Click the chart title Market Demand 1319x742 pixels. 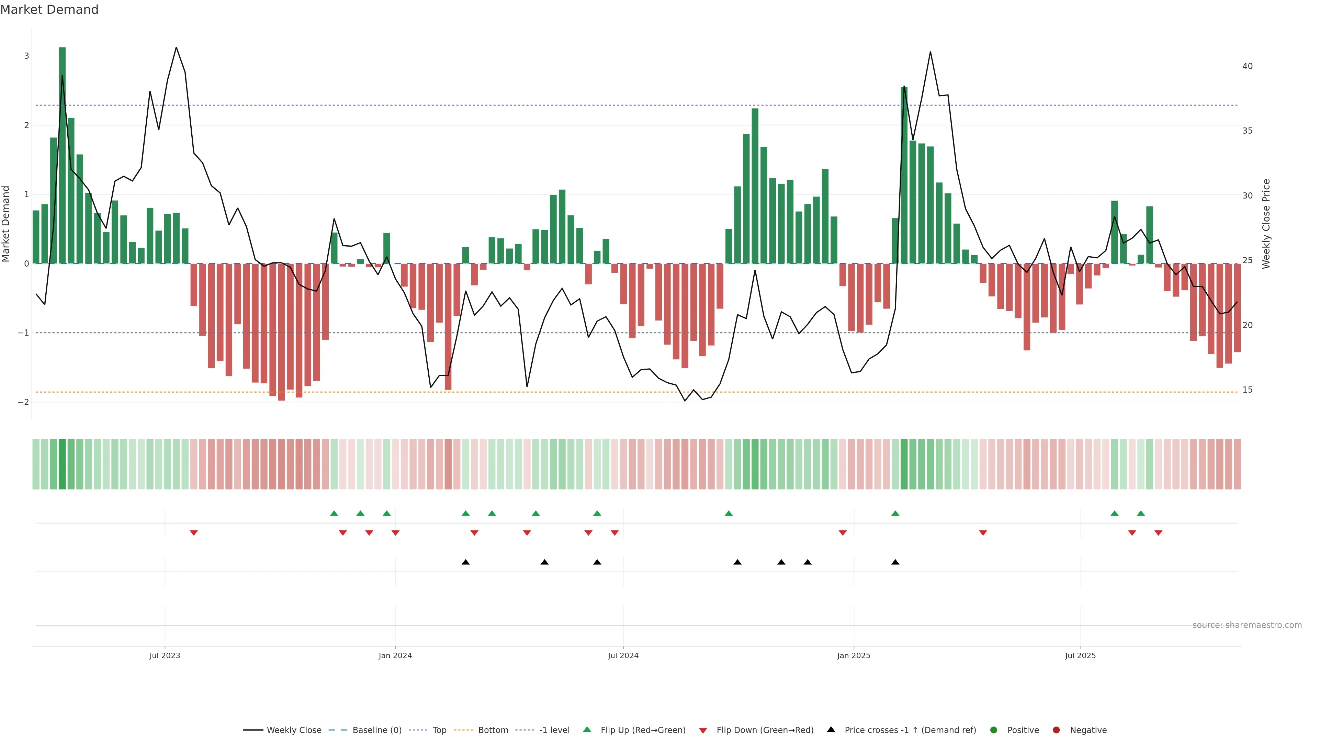pyautogui.click(x=49, y=10)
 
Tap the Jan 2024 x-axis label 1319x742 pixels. pyautogui.click(x=395, y=655)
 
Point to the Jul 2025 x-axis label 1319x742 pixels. pyautogui.click(x=1080, y=655)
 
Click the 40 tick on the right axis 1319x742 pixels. pyautogui.click(x=1247, y=66)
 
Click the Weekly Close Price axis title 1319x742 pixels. pyautogui.click(x=1266, y=224)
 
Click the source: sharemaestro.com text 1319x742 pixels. pyautogui.click(x=1247, y=625)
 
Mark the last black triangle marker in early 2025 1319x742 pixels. pyautogui.click(x=895, y=562)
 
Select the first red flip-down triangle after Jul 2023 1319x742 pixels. pyautogui.click(x=193, y=533)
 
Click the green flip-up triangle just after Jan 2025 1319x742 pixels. pyautogui.click(x=895, y=513)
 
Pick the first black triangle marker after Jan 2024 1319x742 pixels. pyautogui.click(x=465, y=562)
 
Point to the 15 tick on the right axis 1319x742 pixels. pyautogui.click(x=1247, y=390)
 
